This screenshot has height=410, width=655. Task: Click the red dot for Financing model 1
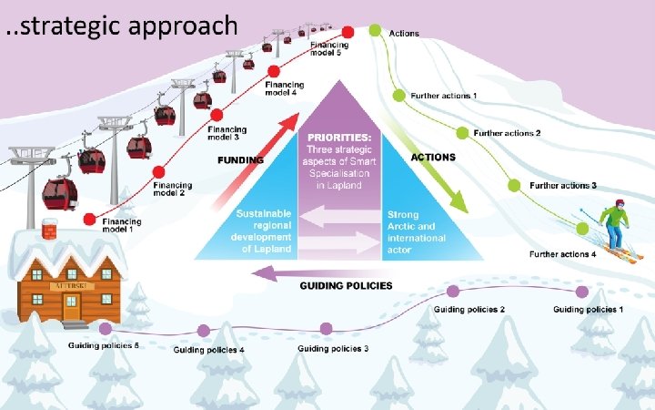pos(89,219)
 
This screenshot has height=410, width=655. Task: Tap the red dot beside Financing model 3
pos(217,115)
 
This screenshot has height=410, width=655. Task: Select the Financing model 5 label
pos(325,49)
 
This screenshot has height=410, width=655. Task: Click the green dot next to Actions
pos(375,31)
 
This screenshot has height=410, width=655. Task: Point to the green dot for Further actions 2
pos(462,133)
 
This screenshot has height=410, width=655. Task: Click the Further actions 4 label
pos(563,254)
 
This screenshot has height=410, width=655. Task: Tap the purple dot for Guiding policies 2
pos(453,292)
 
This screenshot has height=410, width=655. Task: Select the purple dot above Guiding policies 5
pos(106,328)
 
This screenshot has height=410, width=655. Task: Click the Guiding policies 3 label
pos(333,349)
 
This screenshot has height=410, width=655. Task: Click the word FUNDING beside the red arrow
pos(240,160)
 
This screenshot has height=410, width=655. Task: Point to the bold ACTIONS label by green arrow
pos(433,158)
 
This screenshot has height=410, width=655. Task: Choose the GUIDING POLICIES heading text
pos(346,286)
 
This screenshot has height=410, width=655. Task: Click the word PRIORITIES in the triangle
pos(339,138)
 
